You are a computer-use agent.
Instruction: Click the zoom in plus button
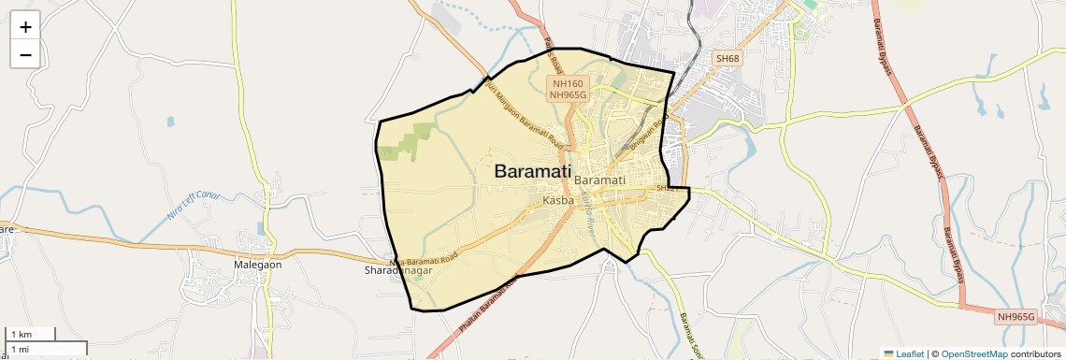[x=25, y=27]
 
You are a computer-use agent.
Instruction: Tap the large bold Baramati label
[x=532, y=172]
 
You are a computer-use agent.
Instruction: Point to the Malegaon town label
[x=257, y=265]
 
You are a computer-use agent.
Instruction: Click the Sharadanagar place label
[x=397, y=271]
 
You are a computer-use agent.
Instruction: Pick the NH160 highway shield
[x=568, y=83]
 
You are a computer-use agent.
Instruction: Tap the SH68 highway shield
[x=727, y=59]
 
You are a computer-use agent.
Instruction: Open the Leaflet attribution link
[x=903, y=353]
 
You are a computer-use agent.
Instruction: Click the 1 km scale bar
[x=31, y=335]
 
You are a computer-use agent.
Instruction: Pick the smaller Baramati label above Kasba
[x=599, y=180]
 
